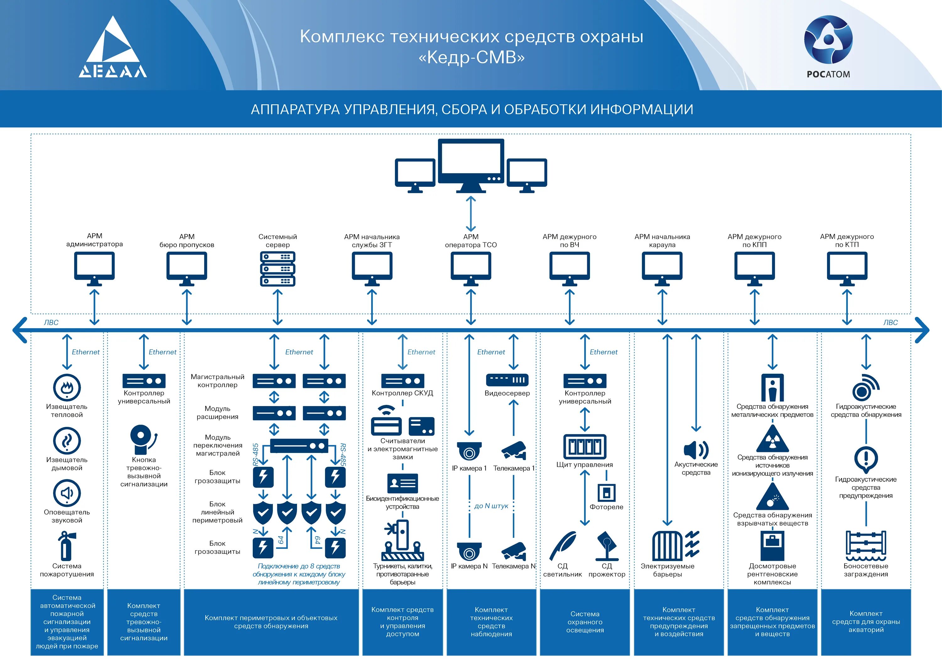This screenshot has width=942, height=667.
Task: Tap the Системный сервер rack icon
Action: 278,269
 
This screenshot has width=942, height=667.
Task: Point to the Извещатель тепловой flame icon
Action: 67,387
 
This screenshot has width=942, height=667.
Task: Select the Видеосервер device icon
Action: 507,380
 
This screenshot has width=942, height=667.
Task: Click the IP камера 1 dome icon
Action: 469,451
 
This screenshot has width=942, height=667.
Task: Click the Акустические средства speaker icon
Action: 696,450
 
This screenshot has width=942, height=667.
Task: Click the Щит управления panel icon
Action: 585,446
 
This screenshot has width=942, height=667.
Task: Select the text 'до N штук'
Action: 491,506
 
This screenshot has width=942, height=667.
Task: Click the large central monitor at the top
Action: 471,163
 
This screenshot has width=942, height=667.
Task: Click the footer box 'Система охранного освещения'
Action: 585,622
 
